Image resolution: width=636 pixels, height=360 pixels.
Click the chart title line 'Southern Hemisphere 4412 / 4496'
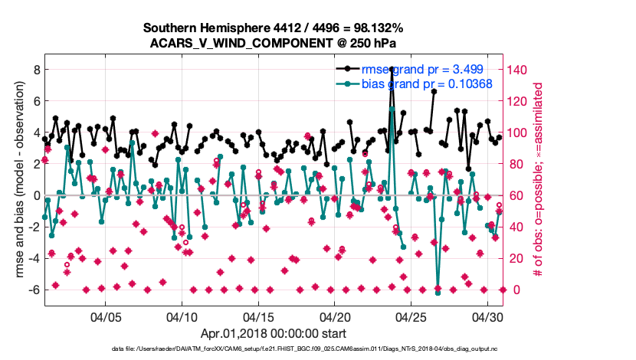coord(274,28)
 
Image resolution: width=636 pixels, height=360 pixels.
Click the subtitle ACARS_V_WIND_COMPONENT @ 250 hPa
coord(274,43)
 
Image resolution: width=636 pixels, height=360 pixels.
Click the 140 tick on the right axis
coord(518,69)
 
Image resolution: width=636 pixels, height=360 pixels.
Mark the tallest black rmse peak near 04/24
coord(392,69)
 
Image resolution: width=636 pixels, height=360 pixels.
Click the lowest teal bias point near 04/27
coord(438,293)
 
